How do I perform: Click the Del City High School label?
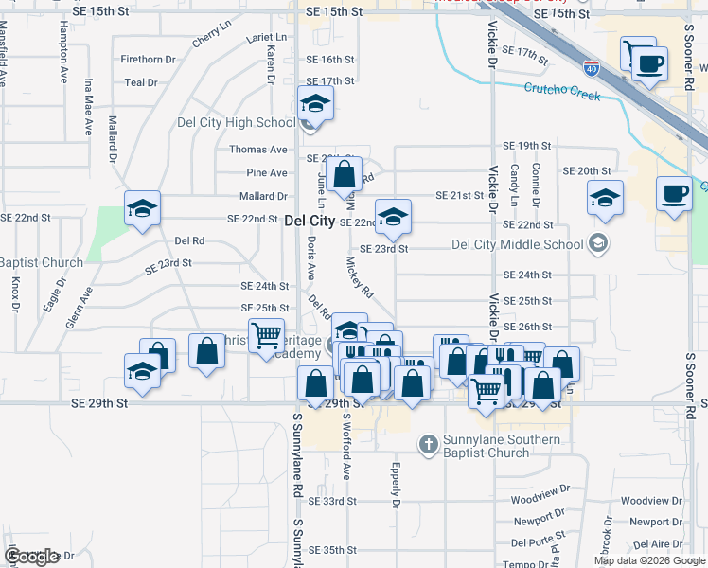237,122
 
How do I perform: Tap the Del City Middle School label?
517,244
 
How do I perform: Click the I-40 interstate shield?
592,69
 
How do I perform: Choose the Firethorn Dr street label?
148,59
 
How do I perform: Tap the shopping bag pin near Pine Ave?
345,173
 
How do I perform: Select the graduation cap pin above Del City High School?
315,102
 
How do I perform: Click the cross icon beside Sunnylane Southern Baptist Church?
428,442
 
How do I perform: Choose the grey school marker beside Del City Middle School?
597,244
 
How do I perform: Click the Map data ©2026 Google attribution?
648,560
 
